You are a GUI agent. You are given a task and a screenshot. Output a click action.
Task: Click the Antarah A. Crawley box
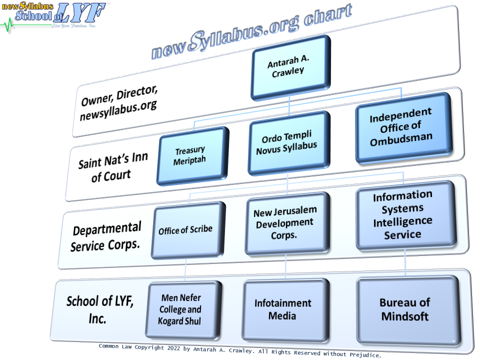289,67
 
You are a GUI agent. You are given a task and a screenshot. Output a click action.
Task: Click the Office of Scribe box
185,230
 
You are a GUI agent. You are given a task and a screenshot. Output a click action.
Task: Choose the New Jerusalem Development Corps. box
284,223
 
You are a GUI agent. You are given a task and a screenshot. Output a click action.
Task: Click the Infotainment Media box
282,309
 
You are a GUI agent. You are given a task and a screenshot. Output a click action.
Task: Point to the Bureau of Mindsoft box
405,309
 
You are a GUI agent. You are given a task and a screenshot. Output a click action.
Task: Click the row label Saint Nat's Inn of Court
112,168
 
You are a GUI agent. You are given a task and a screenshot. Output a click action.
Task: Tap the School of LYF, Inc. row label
100,309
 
